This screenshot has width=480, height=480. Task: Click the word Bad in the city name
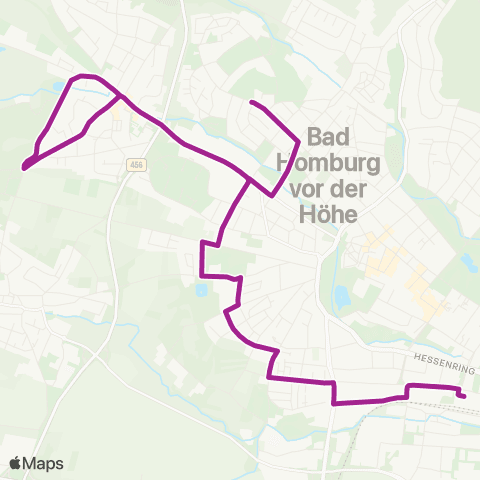pos(331,136)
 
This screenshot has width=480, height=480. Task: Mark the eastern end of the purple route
pos(464,396)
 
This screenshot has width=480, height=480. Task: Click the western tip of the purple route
pos(23,167)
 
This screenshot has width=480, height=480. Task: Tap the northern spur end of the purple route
pos(251,103)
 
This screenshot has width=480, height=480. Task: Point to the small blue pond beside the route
pos(202,290)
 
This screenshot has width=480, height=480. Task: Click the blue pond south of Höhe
pos(342,296)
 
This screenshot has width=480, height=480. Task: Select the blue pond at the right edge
pos(468,262)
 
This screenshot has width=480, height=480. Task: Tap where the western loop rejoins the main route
pos(121,97)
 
